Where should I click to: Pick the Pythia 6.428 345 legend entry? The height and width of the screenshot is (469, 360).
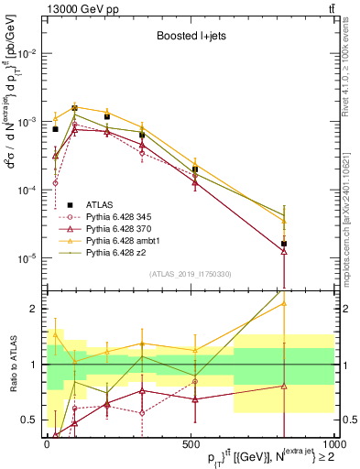click(120, 216)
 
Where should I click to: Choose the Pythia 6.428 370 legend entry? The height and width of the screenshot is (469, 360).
click(120, 228)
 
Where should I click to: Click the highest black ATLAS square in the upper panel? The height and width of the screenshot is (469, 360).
click(75, 108)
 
